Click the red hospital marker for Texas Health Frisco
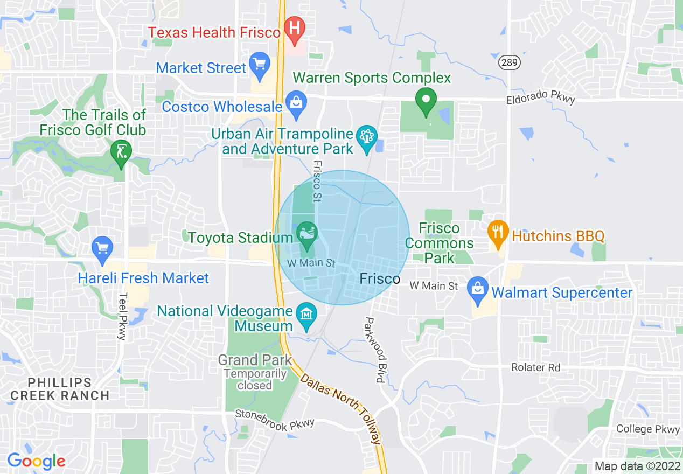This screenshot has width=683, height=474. click(295, 29)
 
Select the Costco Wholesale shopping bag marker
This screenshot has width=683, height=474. click(296, 103)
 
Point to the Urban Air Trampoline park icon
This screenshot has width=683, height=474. click(367, 137)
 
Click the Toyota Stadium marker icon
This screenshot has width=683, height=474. click(306, 235)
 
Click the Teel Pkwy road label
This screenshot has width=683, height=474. click(122, 316)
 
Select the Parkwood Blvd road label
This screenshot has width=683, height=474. click(374, 350)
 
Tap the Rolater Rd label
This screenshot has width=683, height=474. click(535, 367)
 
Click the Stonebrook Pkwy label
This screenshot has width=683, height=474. click(274, 418)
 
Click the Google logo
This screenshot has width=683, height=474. click(36, 461)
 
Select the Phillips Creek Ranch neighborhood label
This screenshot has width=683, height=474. click(60, 389)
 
